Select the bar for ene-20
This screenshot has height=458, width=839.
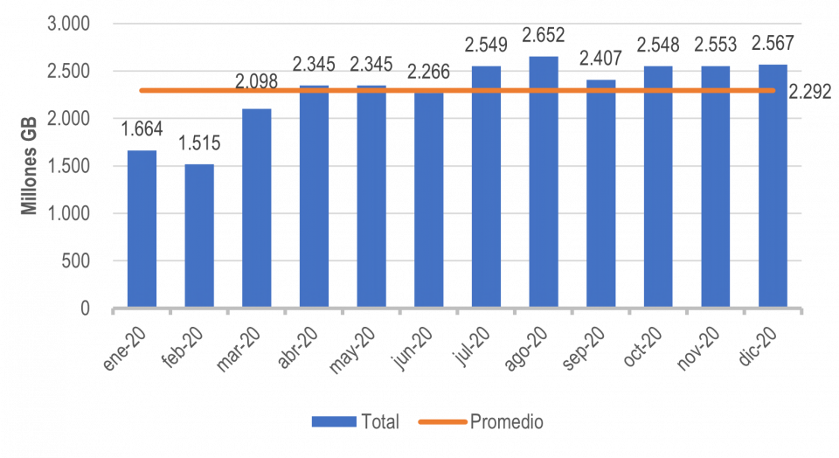point(142,229)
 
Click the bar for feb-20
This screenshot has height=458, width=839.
point(199,236)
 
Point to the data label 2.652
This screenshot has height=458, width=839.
point(543,36)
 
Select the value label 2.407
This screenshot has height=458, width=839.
point(600,59)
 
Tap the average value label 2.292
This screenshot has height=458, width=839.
point(811,91)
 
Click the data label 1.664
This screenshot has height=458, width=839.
point(142,131)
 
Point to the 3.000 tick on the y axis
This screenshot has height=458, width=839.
point(68,24)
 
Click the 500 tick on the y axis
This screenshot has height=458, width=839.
point(78,261)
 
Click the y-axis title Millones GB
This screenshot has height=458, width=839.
point(29,167)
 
